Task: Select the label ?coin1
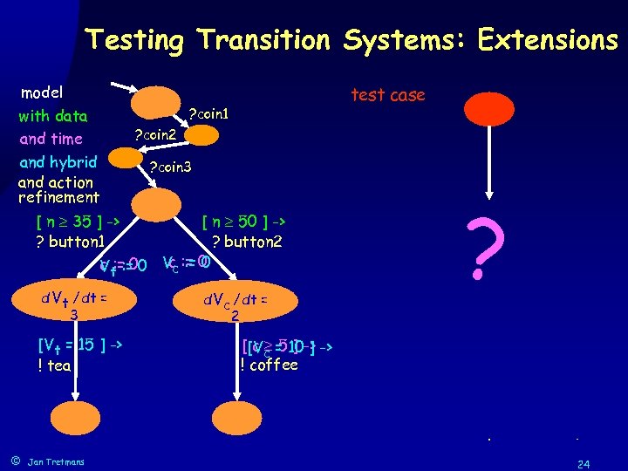209,114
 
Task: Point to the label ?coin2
154,135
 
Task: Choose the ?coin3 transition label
170,167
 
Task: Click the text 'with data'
52,116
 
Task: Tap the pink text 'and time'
51,139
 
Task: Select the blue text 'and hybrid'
58,161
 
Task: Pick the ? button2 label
246,242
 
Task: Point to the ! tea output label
54,365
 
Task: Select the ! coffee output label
270,365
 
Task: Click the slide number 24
583,463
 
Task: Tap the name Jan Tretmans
57,461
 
